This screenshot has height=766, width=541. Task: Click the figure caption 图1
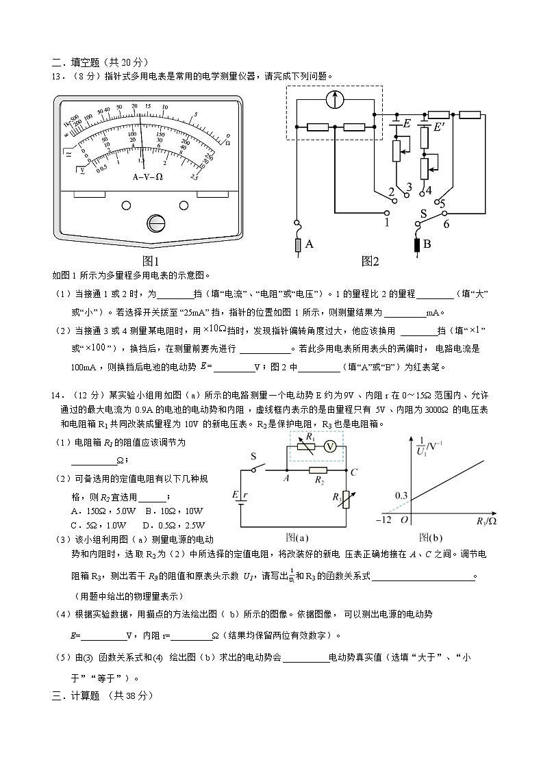click(150, 261)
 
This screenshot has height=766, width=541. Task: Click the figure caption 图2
click(370, 261)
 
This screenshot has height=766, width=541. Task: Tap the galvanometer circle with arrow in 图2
click(334, 99)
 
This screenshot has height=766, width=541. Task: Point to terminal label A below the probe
click(310, 244)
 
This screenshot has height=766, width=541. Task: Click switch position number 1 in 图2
click(387, 222)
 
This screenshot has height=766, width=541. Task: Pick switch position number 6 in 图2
click(446, 223)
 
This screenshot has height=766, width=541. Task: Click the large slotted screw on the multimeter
click(156, 224)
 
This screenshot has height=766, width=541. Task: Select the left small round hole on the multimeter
click(126, 205)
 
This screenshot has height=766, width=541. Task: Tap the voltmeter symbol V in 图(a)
click(329, 446)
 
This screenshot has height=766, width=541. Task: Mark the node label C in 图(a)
click(353, 472)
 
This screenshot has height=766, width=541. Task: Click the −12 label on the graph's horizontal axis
click(383, 521)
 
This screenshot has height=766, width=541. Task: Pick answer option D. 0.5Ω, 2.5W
click(168, 525)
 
